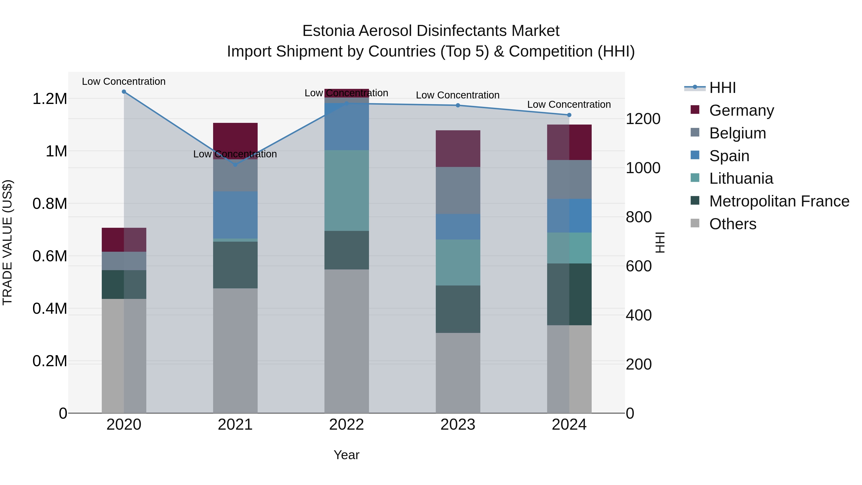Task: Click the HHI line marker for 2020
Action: (124, 92)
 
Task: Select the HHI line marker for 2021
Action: (235, 165)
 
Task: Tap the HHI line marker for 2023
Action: (458, 105)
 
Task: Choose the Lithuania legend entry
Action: (741, 178)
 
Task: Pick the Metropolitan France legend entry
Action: (779, 201)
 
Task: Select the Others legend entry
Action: (732, 224)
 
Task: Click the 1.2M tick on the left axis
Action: (50, 99)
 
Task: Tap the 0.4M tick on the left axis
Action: (50, 309)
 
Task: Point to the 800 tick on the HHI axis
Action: (638, 217)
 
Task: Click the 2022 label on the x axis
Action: (346, 425)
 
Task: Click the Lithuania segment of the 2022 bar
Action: (346, 190)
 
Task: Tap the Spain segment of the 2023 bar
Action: (458, 227)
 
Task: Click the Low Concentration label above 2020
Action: (124, 82)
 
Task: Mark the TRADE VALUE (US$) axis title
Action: (7, 242)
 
